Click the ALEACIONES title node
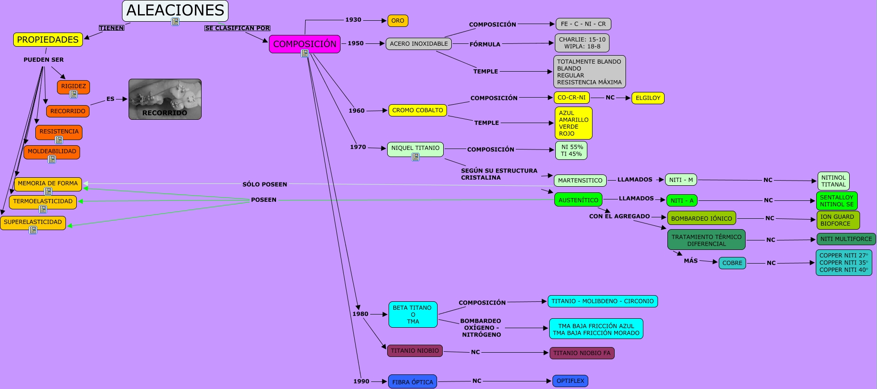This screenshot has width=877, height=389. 175,10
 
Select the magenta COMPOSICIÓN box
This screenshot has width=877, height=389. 304,44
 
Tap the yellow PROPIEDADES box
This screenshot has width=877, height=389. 48,40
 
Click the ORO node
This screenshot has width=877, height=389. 398,21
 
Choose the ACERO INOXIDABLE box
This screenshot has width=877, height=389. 419,44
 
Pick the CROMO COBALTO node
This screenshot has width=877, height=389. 417,110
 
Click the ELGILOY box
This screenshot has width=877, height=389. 648,98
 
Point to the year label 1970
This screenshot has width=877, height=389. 358,147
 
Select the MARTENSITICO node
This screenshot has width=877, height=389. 580,181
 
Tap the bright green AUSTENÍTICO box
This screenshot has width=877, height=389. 578,200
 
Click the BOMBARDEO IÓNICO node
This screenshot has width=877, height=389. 701,218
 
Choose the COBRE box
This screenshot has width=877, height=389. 732,263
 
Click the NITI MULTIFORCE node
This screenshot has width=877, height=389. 846,239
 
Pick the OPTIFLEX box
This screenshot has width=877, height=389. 570,381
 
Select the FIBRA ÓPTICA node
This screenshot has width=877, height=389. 413,382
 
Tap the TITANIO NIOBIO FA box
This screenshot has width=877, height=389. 582,353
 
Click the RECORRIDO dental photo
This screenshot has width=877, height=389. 165,99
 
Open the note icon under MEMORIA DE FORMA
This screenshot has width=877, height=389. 48,191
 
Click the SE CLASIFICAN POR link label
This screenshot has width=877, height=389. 237,28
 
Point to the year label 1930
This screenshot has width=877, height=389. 353,20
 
